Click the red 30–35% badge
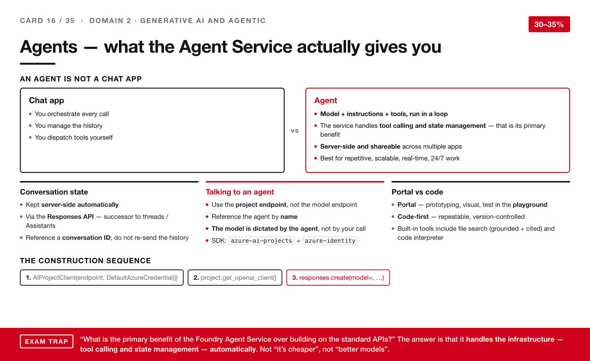click(x=549, y=24)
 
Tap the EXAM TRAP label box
click(x=47, y=341)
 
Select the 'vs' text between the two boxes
click(x=295, y=131)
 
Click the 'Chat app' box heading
click(x=46, y=100)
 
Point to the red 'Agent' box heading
click(x=325, y=100)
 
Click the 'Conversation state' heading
click(x=54, y=192)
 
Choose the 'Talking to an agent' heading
click(x=240, y=192)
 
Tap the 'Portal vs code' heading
click(x=417, y=192)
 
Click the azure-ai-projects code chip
click(x=261, y=241)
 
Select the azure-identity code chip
click(x=330, y=241)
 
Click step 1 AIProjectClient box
click(x=102, y=277)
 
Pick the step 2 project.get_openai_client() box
click(x=235, y=277)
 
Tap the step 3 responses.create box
click(x=338, y=277)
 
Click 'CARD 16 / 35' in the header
click(x=47, y=21)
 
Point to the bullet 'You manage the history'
click(x=68, y=126)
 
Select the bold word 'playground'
click(x=530, y=205)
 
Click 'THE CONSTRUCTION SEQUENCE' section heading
click(x=85, y=260)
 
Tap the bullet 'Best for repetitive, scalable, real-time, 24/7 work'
click(x=390, y=158)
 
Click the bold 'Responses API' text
click(x=70, y=217)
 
